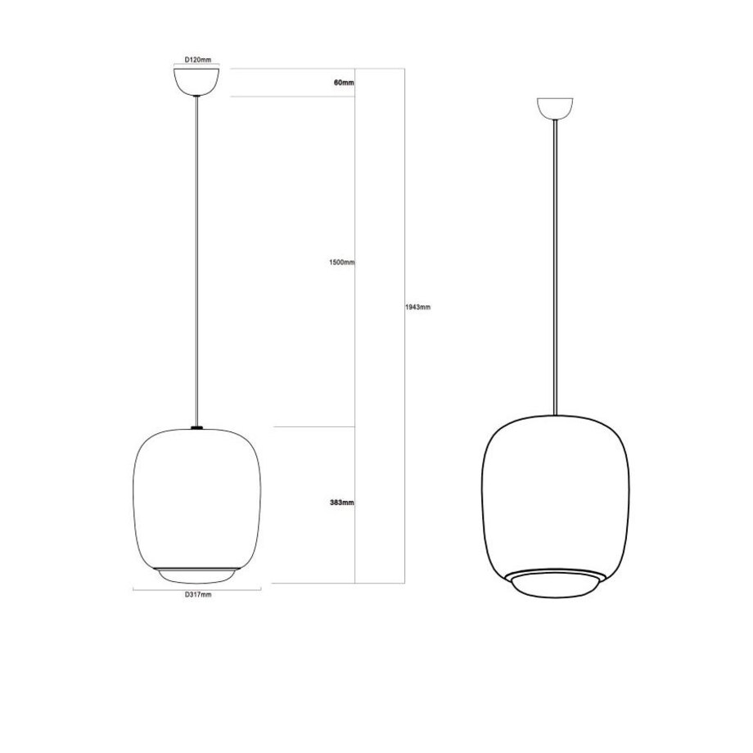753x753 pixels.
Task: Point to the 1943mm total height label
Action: pyautogui.click(x=417, y=308)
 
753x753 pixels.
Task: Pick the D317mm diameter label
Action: pyautogui.click(x=197, y=595)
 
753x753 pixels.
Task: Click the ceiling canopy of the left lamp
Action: pyautogui.click(x=196, y=82)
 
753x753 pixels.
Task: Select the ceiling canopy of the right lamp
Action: pyautogui.click(x=555, y=108)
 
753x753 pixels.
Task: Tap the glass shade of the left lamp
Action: pyautogui.click(x=196, y=499)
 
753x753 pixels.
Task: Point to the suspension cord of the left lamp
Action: pyautogui.click(x=196, y=262)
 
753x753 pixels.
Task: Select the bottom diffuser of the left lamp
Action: pyautogui.click(x=196, y=575)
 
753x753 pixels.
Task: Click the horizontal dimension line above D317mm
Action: pyautogui.click(x=197, y=587)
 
